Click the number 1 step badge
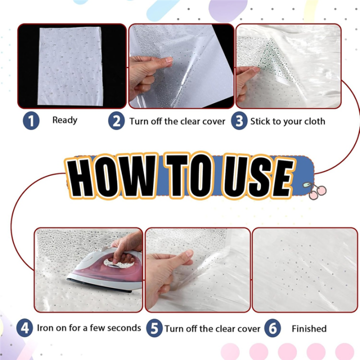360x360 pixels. pos(31,121)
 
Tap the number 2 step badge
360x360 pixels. pos(116,121)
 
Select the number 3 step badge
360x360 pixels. pos(239,121)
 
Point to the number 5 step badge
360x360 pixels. pos(155,328)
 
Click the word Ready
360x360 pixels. pos(64,120)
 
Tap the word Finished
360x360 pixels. pos(308,328)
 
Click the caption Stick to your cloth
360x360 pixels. pos(287,121)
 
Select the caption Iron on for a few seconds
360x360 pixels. pos(89,328)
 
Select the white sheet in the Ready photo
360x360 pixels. pos(70,65)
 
